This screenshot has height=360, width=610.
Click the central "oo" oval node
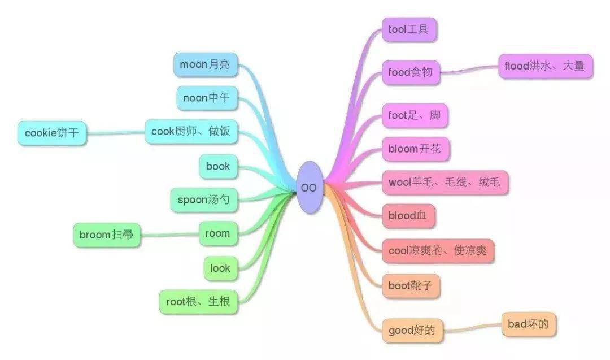coord(310,187)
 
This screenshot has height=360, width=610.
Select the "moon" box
coord(206,64)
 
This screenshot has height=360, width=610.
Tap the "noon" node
coord(207,98)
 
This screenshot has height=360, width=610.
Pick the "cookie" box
coord(52,133)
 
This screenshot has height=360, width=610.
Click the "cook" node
coord(191,132)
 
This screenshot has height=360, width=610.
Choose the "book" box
coord(218,167)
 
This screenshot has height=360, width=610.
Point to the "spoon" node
coord(204,200)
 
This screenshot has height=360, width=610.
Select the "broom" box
coord(107,235)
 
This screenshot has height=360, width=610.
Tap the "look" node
coord(221,268)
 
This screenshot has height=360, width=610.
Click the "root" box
coord(198,302)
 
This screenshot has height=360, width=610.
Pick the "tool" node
coord(409,29)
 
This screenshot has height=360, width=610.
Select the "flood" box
coord(546,66)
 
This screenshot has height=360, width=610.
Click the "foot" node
coord(415,116)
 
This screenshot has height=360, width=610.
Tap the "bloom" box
coord(416,149)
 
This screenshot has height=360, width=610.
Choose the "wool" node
coord(445,182)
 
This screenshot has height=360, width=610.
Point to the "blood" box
coord(408,216)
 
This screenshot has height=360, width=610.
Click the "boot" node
coord(411,286)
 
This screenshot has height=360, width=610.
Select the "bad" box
coord(529,324)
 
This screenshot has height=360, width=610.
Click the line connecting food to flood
coord(469,71)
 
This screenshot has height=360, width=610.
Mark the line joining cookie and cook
coord(116,133)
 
